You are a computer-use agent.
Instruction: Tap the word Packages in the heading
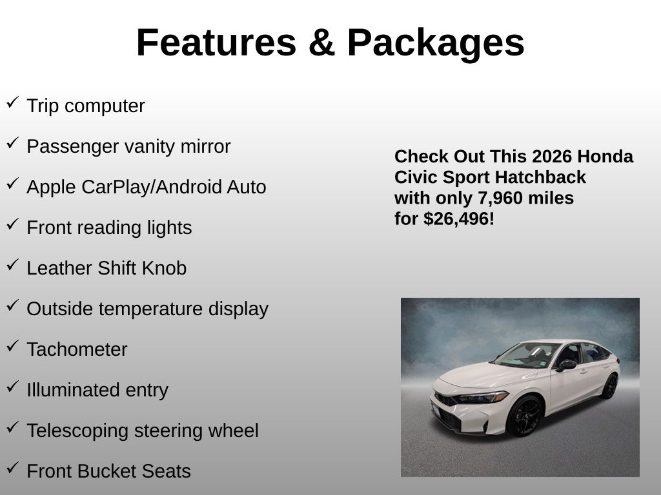click(436, 44)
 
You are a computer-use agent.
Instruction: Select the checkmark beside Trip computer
click(13, 102)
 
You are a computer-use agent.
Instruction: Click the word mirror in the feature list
click(205, 146)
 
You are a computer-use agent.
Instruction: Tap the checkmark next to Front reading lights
click(13, 224)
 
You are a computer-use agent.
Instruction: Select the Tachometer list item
click(77, 349)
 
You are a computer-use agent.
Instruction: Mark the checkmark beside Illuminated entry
click(13, 387)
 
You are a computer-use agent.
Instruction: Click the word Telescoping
click(77, 431)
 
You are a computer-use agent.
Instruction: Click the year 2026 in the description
click(546, 157)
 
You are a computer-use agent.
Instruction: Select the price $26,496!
click(459, 219)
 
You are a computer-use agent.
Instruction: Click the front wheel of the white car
click(524, 416)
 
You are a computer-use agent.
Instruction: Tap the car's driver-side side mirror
click(565, 365)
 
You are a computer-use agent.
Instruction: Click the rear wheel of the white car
click(609, 386)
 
